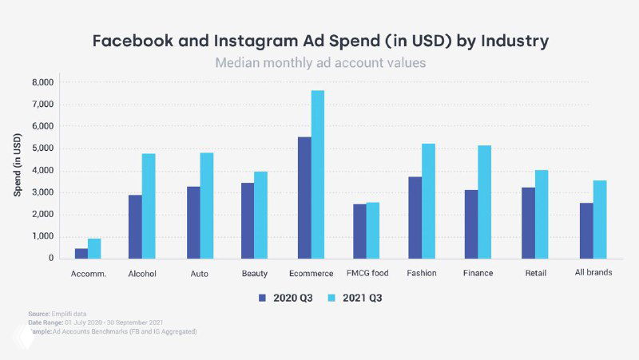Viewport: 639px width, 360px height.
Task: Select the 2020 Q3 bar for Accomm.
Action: coord(81,253)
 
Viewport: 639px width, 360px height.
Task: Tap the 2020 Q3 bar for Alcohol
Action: coord(136,227)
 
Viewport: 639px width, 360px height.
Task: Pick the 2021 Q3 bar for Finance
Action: coord(484,202)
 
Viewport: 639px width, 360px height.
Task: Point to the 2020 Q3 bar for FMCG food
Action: coord(359,231)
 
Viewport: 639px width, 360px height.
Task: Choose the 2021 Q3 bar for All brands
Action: coord(600,220)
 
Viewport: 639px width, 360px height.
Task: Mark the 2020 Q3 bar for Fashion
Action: coord(415,217)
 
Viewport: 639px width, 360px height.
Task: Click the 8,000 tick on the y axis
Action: coord(42,82)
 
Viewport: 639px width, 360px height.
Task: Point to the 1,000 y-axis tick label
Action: coord(42,236)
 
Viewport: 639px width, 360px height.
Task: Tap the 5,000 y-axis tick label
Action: coord(42,148)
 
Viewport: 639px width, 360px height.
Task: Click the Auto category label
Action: coord(200,273)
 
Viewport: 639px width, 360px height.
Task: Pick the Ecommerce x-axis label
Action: coord(310,273)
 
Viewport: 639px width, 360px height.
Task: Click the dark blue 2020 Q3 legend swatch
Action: coord(261,298)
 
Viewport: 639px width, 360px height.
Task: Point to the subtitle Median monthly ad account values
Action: coord(319,62)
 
